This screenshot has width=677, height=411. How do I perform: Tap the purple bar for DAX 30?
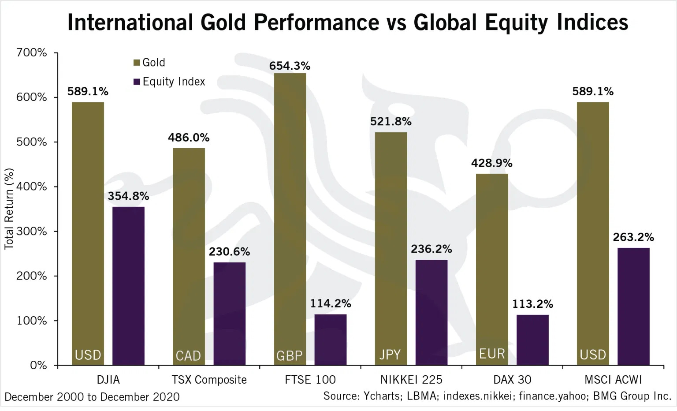click(x=532, y=340)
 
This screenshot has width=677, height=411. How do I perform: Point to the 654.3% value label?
click(x=290, y=66)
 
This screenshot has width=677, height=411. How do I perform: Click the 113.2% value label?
click(x=532, y=304)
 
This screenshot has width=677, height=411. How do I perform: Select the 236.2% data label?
click(x=431, y=249)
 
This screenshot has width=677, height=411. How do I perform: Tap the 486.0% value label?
click(x=189, y=138)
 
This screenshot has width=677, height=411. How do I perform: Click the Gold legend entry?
click(x=149, y=63)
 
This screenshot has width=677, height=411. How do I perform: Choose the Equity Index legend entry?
click(x=169, y=82)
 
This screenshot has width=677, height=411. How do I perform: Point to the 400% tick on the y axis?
click(x=31, y=187)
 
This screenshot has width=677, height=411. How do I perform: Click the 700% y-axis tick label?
click(x=31, y=52)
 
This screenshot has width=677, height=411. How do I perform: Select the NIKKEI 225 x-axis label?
click(x=411, y=380)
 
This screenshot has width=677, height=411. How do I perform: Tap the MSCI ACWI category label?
click(x=613, y=380)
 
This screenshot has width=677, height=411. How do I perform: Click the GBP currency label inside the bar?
click(x=289, y=355)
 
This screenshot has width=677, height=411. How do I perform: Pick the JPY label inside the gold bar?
click(x=390, y=355)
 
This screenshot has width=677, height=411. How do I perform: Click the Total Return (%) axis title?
click(x=9, y=209)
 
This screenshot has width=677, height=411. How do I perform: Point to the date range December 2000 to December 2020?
click(x=92, y=397)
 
